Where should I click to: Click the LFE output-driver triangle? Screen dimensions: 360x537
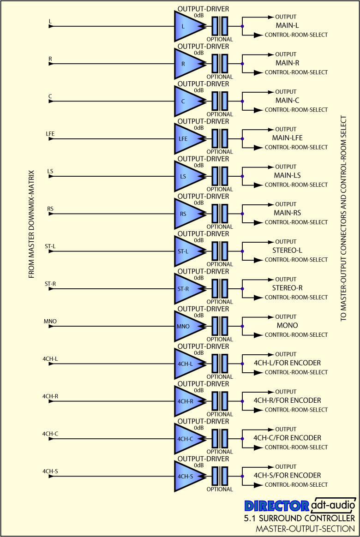188,139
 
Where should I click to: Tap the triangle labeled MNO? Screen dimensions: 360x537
188,326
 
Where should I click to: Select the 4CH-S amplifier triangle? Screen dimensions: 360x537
188,476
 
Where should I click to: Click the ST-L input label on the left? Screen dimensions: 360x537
50,246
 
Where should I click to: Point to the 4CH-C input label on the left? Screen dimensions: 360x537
50,434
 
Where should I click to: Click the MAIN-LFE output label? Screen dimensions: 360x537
288,137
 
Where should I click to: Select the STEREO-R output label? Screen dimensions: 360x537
288,288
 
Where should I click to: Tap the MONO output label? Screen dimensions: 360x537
288,325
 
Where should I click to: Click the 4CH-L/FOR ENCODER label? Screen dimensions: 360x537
288,363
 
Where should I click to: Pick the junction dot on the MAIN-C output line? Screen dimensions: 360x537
242,101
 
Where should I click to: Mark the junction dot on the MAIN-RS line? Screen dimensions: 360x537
242,214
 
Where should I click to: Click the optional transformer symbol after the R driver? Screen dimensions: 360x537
220,64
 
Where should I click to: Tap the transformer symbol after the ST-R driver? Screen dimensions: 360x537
220,289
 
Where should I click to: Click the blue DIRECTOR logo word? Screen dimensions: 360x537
277,506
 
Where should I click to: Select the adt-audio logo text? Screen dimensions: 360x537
333,504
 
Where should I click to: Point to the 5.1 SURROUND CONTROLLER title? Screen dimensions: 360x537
300,518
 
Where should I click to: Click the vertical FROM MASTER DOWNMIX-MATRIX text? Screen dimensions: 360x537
31,224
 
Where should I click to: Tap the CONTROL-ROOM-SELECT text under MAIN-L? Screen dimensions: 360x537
296,35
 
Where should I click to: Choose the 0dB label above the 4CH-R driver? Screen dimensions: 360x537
198,390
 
